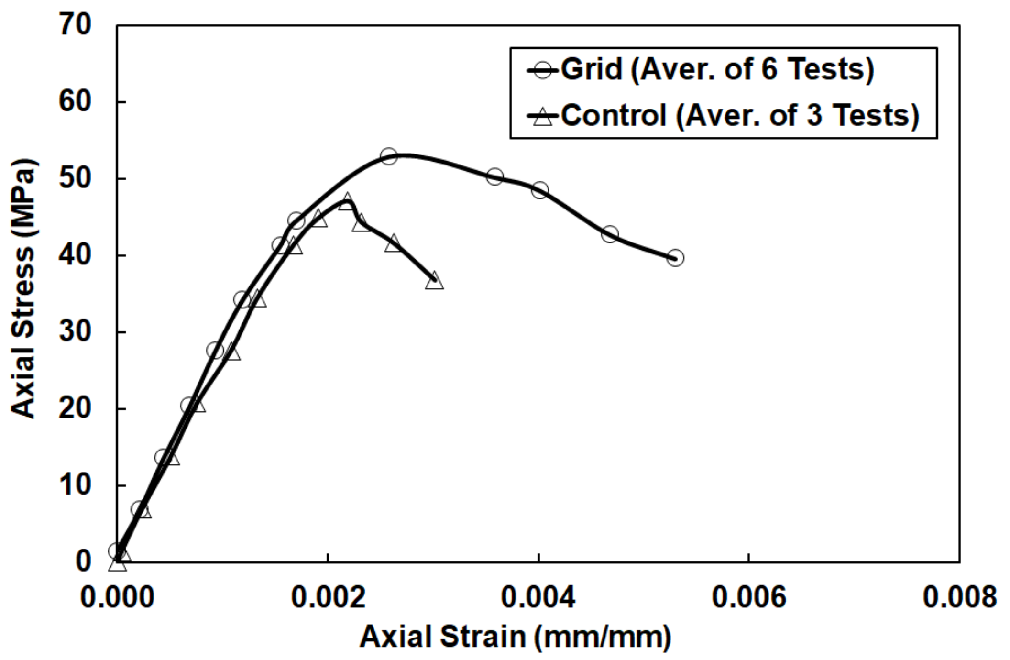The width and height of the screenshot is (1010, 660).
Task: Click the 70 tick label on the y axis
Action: [x=75, y=24]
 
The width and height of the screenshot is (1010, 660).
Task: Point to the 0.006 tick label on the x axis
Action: [x=749, y=597]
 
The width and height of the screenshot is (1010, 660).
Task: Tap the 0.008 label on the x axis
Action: [x=959, y=597]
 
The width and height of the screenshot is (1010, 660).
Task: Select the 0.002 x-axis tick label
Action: [x=328, y=597]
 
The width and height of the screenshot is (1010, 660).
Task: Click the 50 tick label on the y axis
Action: [x=75, y=178]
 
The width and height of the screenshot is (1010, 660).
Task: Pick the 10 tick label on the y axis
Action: [x=75, y=485]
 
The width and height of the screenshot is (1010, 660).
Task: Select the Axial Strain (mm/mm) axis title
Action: [x=516, y=637]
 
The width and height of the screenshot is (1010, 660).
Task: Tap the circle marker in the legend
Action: [x=543, y=71]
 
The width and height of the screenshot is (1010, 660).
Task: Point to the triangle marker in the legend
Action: [x=543, y=116]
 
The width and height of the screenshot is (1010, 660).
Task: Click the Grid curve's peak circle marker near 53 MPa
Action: [x=389, y=156]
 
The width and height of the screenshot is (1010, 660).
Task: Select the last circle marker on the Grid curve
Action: [x=675, y=258]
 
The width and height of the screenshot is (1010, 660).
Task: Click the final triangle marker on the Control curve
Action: [x=434, y=281]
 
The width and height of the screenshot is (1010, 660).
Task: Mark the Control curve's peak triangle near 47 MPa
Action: [x=347, y=201]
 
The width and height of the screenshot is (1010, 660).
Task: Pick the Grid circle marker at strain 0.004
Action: [x=539, y=190]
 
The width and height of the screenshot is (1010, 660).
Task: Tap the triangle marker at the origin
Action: [x=118, y=564]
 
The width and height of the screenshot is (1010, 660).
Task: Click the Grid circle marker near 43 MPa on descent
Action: [x=610, y=234]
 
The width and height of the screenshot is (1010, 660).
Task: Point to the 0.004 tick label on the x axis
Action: [x=538, y=597]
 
